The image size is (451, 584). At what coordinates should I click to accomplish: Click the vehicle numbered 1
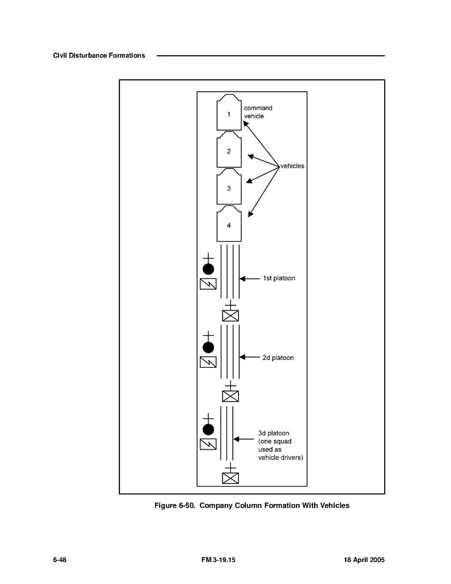click(x=229, y=112)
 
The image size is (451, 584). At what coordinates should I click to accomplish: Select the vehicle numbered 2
click(x=229, y=149)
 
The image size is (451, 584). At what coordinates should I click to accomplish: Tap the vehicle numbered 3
click(x=229, y=186)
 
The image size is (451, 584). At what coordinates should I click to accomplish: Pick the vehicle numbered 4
click(x=229, y=223)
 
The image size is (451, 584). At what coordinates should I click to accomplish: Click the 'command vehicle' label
click(x=258, y=112)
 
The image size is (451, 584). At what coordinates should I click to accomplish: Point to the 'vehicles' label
click(x=292, y=166)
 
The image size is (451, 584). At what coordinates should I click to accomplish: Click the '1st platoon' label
click(x=279, y=278)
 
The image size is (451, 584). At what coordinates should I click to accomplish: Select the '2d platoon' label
click(x=278, y=358)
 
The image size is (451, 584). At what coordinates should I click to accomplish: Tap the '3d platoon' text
click(x=273, y=433)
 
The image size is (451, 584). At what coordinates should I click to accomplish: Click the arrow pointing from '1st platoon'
click(x=250, y=279)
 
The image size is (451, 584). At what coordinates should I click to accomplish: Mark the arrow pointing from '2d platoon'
click(x=250, y=357)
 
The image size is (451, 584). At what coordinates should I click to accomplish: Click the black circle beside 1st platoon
click(x=208, y=269)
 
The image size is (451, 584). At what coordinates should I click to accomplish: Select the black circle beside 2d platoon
click(x=208, y=348)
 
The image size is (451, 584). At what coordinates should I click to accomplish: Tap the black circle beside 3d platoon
click(x=208, y=429)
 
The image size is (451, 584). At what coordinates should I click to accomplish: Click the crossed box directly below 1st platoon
click(x=230, y=316)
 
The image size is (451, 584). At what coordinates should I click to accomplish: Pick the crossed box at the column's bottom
click(x=230, y=478)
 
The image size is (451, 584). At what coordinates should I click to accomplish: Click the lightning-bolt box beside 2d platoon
click(x=208, y=362)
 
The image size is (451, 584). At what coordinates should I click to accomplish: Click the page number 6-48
click(x=60, y=560)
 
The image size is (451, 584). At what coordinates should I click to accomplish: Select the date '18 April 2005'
click(x=364, y=560)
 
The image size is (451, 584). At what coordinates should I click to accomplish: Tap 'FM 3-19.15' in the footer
click(x=219, y=560)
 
